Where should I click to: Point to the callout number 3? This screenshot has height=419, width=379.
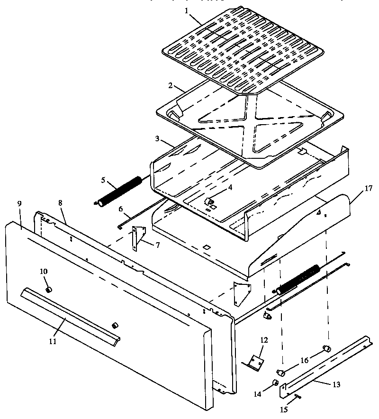[x=157, y=139]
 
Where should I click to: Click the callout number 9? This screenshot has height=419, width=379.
[x=19, y=203]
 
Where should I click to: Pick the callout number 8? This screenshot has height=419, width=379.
[x=61, y=203]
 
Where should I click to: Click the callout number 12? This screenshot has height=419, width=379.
[x=264, y=340]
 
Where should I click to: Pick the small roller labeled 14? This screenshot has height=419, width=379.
[x=275, y=383]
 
